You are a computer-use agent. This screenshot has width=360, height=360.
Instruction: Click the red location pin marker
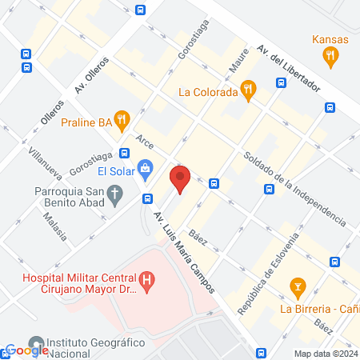pyautogui.click(x=181, y=179)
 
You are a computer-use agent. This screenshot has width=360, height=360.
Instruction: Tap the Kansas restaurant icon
pyautogui.click(x=330, y=56)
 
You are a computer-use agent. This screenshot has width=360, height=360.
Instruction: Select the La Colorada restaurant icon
pyautogui.click(x=249, y=91)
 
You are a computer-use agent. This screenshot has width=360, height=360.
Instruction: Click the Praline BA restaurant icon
pyautogui.click(x=122, y=121)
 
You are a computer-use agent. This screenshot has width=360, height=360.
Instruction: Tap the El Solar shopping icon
pyautogui.click(x=146, y=168)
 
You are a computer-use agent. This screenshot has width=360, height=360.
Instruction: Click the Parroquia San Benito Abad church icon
pyautogui.click(x=115, y=192)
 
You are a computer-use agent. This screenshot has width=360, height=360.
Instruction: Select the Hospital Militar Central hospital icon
pyautogui.click(x=146, y=281)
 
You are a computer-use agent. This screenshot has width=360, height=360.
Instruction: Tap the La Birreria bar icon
pyautogui.click(x=298, y=286)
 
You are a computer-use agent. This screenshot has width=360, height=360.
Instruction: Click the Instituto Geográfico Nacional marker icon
pyautogui.click(x=36, y=342)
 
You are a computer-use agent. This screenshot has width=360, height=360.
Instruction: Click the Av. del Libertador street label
pyautogui.click(x=288, y=66)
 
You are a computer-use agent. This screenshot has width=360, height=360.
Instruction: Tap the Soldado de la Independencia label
pyautogui.click(x=295, y=186)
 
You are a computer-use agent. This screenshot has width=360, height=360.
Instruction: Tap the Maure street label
pyautogui.click(x=239, y=68)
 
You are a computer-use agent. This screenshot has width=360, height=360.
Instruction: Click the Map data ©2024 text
pyautogui.click(x=325, y=353)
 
